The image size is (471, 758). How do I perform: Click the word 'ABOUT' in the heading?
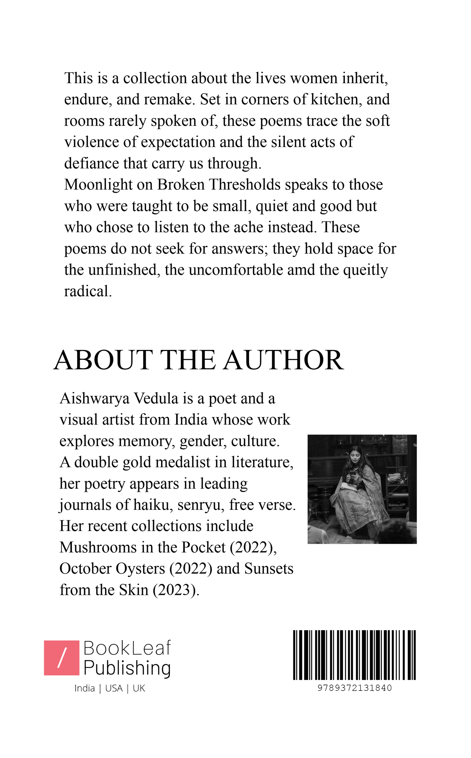click(x=103, y=360)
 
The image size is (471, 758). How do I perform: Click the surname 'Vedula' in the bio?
click(x=156, y=399)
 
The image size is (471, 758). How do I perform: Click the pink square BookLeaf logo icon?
click(x=62, y=658)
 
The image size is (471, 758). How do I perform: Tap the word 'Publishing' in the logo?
click(x=127, y=668)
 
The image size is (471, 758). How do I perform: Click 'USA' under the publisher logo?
click(x=114, y=689)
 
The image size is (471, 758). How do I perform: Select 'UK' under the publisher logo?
click(x=139, y=689)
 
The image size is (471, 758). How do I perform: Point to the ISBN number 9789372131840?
click(x=354, y=688)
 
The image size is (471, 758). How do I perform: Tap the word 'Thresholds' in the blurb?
click(x=244, y=185)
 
